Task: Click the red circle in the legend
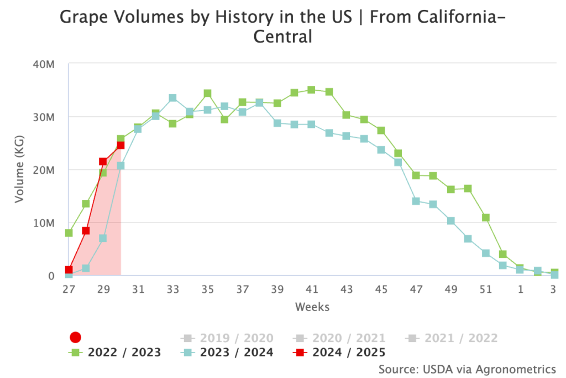click(x=76, y=338)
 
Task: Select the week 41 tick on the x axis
click(x=312, y=288)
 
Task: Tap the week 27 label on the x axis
click(x=69, y=288)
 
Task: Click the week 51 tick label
click(x=485, y=288)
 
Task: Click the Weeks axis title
click(x=312, y=307)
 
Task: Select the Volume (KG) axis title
click(x=20, y=169)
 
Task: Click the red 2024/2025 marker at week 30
click(x=120, y=146)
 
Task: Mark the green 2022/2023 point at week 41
click(x=312, y=90)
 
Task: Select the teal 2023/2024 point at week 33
click(x=172, y=98)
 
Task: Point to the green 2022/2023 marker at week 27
click(x=69, y=233)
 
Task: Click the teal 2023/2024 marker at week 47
click(x=416, y=201)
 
